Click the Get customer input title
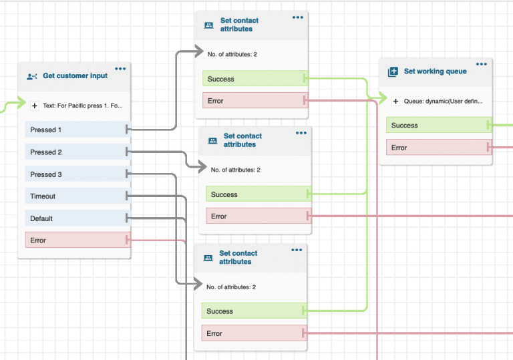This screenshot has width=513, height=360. point(75,76)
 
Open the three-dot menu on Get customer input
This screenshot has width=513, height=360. point(120,68)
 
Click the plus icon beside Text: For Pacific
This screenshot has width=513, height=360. point(35,106)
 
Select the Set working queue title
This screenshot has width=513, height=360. point(435,71)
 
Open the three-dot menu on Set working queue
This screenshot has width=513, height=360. point(482,63)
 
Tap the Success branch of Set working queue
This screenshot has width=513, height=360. point(438,126)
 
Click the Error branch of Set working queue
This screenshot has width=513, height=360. point(438,148)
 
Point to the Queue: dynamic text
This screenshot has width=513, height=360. point(443,102)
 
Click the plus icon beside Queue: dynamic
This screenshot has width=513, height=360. point(395,102)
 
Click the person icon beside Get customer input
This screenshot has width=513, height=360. point(32,76)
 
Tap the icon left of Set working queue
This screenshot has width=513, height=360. point(393,71)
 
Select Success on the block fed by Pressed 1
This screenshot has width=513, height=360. point(254,79)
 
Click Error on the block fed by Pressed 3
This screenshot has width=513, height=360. point(253,333)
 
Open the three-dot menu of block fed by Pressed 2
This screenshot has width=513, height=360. point(301,132)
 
